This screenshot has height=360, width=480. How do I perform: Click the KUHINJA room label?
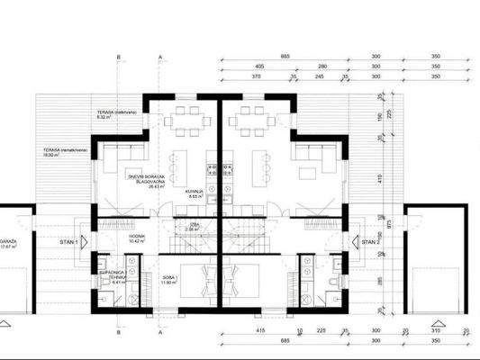pyautogui.click(x=191, y=193)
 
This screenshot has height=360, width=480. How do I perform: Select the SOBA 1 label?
pyautogui.click(x=169, y=280)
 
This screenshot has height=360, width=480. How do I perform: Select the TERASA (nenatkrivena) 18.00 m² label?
pyautogui.click(x=56, y=151)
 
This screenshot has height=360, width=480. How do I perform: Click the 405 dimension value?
pyautogui.click(x=258, y=67)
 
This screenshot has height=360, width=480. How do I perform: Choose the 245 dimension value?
pyautogui.click(x=317, y=78)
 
